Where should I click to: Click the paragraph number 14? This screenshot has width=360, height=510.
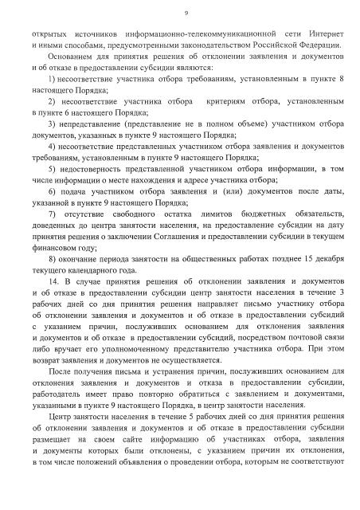tap(53, 283)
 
